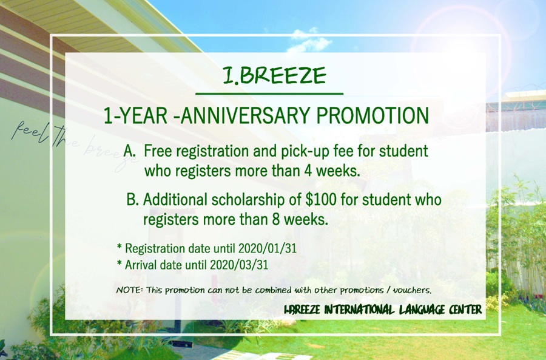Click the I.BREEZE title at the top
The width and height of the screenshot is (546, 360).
tap(274, 75)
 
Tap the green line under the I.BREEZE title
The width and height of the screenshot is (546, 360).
tap(269, 93)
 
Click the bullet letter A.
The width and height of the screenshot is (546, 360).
tap(129, 150)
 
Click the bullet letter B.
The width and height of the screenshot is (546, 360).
tap(133, 199)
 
